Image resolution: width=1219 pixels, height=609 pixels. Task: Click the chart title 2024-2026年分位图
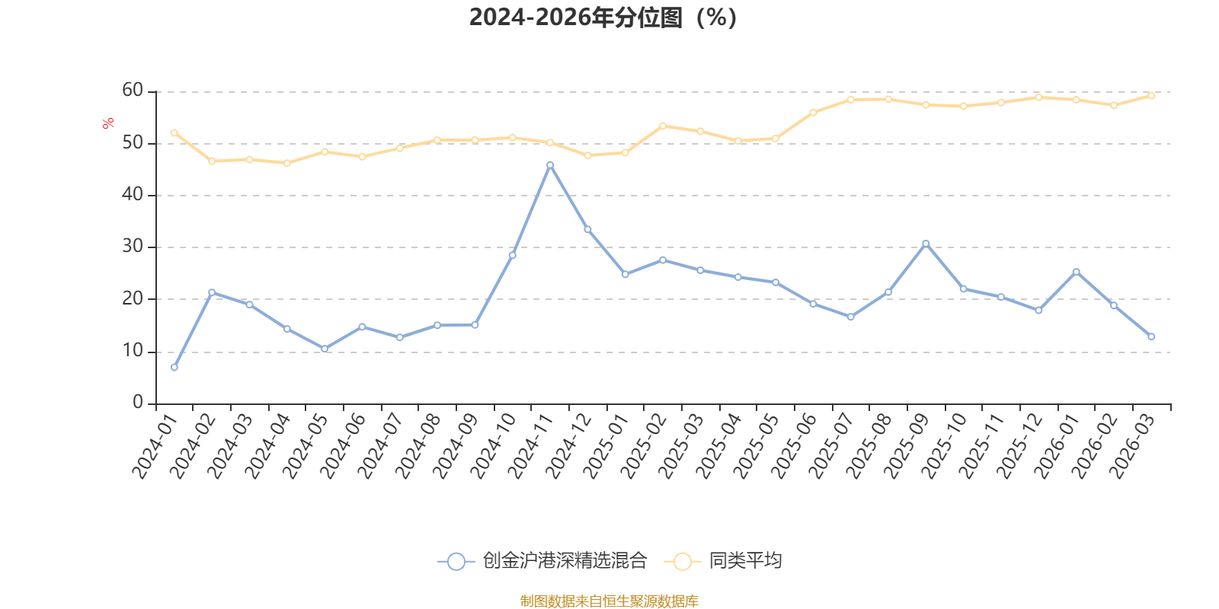603,18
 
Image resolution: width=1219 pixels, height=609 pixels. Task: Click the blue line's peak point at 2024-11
550,165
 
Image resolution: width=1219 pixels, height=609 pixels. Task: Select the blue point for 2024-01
174,368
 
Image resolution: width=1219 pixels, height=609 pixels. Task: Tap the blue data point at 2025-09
926,244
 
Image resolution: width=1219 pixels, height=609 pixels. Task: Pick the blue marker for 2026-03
1151,336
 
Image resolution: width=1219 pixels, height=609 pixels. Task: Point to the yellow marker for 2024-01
174,132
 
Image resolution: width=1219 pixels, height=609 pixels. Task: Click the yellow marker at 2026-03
1151,96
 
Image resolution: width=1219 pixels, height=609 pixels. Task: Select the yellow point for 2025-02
663,126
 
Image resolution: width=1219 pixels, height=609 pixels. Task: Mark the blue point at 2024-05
325,349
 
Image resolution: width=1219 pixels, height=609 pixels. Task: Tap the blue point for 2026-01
1076,272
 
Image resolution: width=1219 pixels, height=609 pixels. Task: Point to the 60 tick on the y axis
133,91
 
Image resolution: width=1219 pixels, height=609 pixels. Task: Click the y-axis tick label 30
133,247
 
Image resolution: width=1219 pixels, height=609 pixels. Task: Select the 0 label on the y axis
138,402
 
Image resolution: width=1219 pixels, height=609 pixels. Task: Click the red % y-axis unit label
108,123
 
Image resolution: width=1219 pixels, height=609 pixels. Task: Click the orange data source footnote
609,601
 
